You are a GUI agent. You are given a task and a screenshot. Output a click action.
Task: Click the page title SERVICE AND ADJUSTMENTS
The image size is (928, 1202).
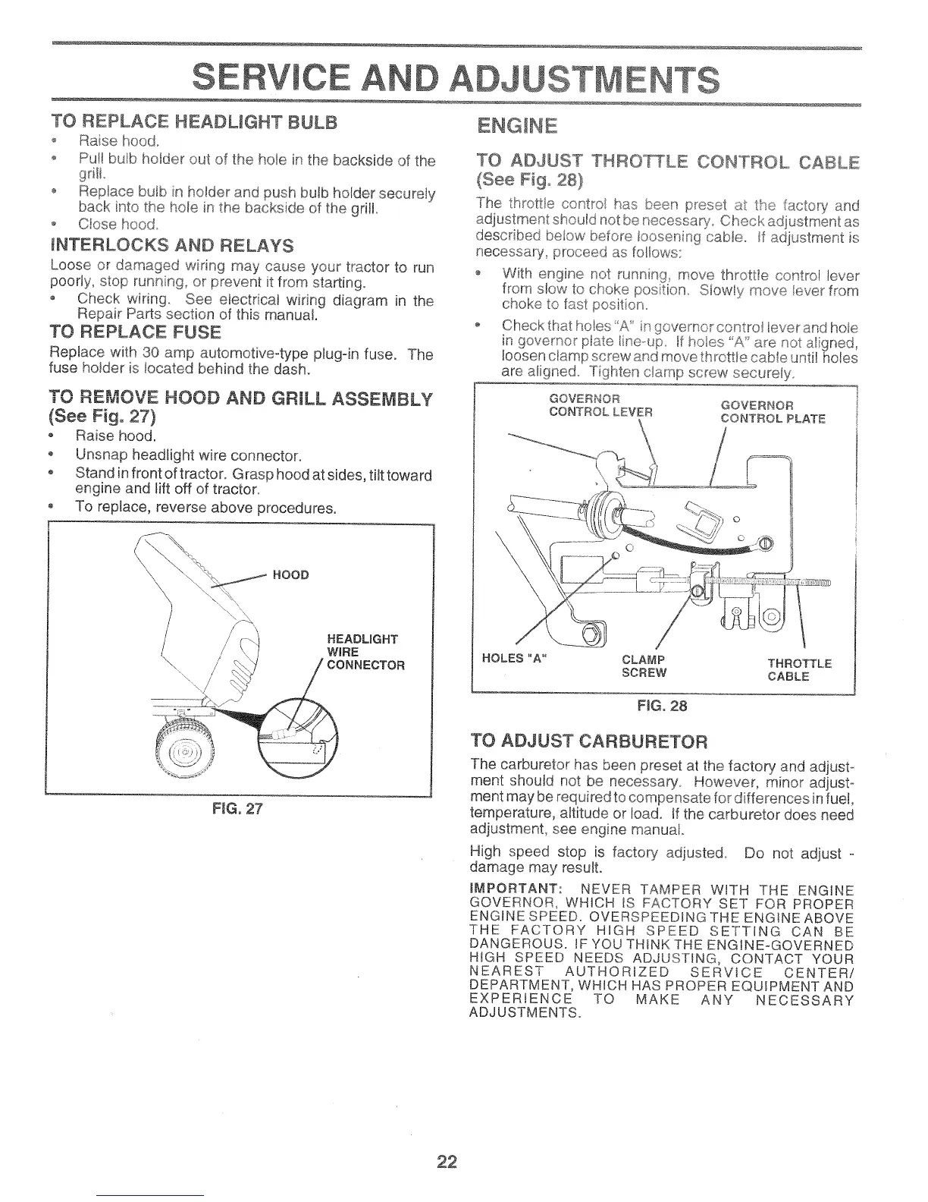(456, 77)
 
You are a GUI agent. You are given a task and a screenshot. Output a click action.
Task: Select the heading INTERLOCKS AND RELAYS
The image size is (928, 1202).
(171, 245)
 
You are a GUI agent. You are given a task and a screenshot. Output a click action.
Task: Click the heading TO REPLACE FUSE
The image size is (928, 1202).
(136, 332)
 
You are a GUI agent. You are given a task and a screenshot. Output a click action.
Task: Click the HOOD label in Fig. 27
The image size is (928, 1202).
(294, 574)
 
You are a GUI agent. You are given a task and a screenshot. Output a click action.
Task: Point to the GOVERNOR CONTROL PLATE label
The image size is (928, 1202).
(772, 411)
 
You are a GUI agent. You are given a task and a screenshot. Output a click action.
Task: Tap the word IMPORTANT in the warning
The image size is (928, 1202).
(515, 889)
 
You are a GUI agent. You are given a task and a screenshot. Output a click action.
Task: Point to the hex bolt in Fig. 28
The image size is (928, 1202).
(591, 633)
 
